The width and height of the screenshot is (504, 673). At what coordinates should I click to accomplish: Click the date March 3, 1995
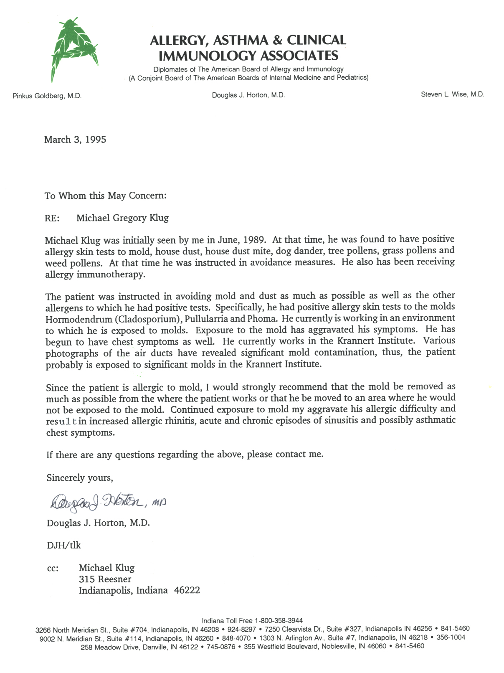(75, 140)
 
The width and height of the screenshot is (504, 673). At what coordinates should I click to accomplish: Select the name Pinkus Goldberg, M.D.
(47, 96)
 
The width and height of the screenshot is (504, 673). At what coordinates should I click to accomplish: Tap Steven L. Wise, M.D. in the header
(452, 94)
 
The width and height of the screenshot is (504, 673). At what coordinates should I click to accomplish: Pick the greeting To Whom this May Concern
(105, 196)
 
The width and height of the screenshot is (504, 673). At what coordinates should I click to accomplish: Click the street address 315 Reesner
(105, 579)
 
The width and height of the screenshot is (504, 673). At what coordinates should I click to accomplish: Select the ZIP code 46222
(187, 590)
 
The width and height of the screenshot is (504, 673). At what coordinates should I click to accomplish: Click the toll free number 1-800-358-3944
(279, 621)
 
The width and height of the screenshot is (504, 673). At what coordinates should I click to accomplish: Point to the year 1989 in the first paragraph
(253, 240)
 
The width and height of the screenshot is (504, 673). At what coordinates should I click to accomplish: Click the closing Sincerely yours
(79, 477)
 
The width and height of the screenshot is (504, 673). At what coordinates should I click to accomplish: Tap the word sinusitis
(337, 420)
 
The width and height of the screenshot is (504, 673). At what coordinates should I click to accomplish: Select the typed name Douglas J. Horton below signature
(98, 523)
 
